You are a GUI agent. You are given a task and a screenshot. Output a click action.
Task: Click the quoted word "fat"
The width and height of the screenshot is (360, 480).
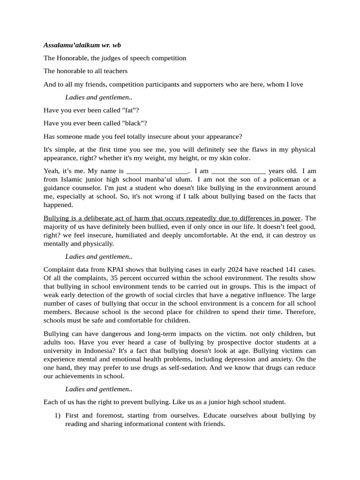tap(130, 111)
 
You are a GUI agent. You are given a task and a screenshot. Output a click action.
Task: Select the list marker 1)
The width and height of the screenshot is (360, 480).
tap(57, 415)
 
